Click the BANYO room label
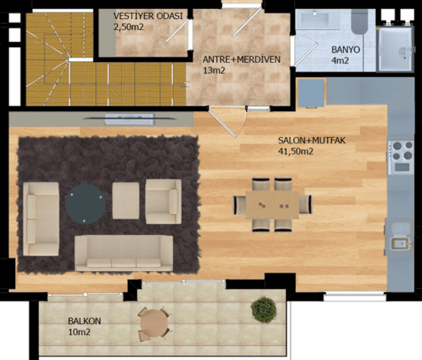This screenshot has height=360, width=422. tap(346, 50)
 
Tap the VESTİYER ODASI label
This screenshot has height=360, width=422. tap(148, 16)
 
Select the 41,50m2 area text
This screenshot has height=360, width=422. tap(296, 152)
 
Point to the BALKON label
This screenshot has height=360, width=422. tap(85, 321)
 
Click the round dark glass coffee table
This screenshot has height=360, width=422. tap(86, 204)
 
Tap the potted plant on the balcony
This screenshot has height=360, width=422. tap(264, 309)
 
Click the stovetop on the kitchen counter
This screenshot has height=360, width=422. tap(401, 157)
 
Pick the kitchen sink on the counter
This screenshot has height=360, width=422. tap(400, 244)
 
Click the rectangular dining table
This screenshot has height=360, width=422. tap(272, 205)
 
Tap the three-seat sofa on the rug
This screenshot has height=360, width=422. tap(124, 253)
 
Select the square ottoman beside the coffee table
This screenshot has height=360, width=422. tap(126, 201)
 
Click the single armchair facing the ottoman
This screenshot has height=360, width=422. tap(163, 202)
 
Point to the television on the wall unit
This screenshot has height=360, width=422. tap(129, 119)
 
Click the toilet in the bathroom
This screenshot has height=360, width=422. tap(359, 22)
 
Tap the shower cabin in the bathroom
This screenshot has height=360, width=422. tap(395, 49)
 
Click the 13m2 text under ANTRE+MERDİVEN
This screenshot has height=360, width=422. tap(214, 70)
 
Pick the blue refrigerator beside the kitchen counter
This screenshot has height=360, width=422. tap(312, 93)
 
